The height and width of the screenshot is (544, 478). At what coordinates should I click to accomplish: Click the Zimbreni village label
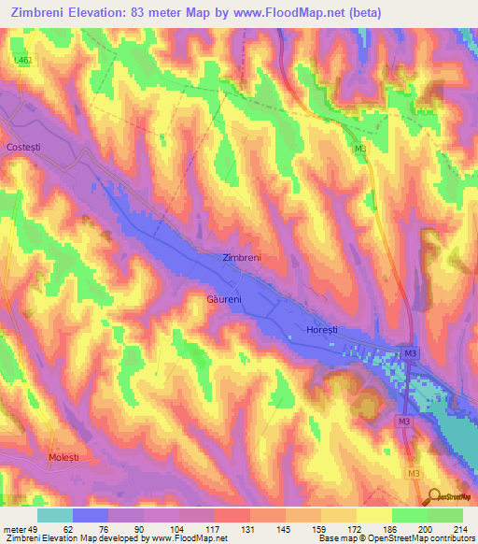click(x=242, y=257)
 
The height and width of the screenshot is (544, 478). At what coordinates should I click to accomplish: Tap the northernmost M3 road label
click(x=360, y=148)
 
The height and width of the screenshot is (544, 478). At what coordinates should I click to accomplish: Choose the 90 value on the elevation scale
click(x=138, y=527)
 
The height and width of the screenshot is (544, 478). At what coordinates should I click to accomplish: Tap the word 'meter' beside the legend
click(x=13, y=527)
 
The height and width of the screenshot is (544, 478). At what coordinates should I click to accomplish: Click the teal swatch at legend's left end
click(x=55, y=515)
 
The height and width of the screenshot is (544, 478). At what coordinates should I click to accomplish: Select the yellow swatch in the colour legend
click(x=373, y=515)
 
